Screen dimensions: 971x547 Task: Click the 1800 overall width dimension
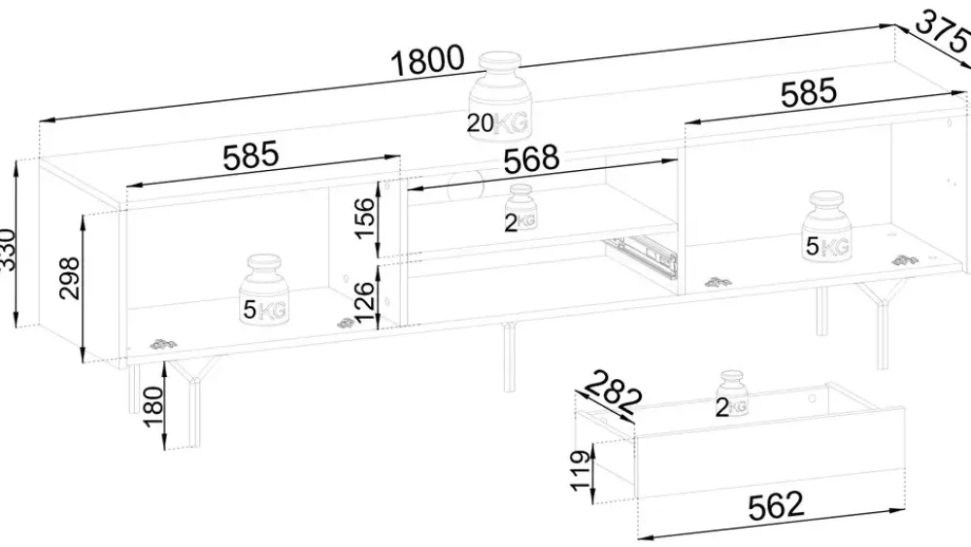427,61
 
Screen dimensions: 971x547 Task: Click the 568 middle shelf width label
531,159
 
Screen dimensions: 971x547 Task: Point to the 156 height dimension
365,218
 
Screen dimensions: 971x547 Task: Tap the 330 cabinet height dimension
6,248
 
